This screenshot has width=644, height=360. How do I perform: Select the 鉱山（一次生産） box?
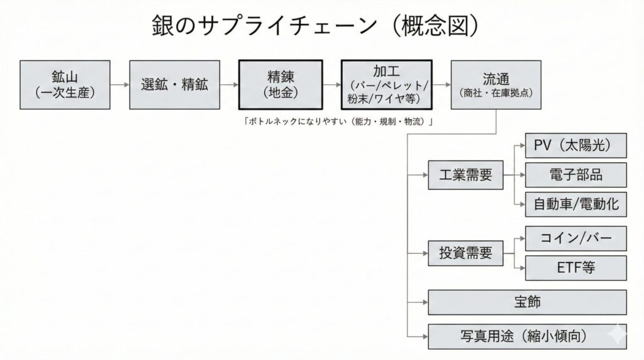(64, 85)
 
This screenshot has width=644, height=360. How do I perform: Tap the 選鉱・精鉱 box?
(173, 85)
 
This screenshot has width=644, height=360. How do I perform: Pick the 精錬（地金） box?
(280, 85)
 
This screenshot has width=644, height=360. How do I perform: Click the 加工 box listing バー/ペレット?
(386, 85)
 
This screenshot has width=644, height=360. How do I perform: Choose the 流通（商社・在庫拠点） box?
(496, 85)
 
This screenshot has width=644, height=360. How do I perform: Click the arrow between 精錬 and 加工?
(331, 84)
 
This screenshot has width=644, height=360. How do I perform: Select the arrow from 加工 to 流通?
(441, 84)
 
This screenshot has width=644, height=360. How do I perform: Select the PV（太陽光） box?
(575, 146)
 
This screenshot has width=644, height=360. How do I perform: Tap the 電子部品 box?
(575, 175)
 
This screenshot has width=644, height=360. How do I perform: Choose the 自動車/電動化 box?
(575, 204)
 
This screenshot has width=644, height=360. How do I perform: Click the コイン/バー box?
(575, 239)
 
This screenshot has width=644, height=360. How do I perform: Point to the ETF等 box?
(575, 268)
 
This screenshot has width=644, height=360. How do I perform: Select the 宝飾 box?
(527, 302)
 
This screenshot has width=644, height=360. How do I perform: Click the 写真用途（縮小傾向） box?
(527, 336)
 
